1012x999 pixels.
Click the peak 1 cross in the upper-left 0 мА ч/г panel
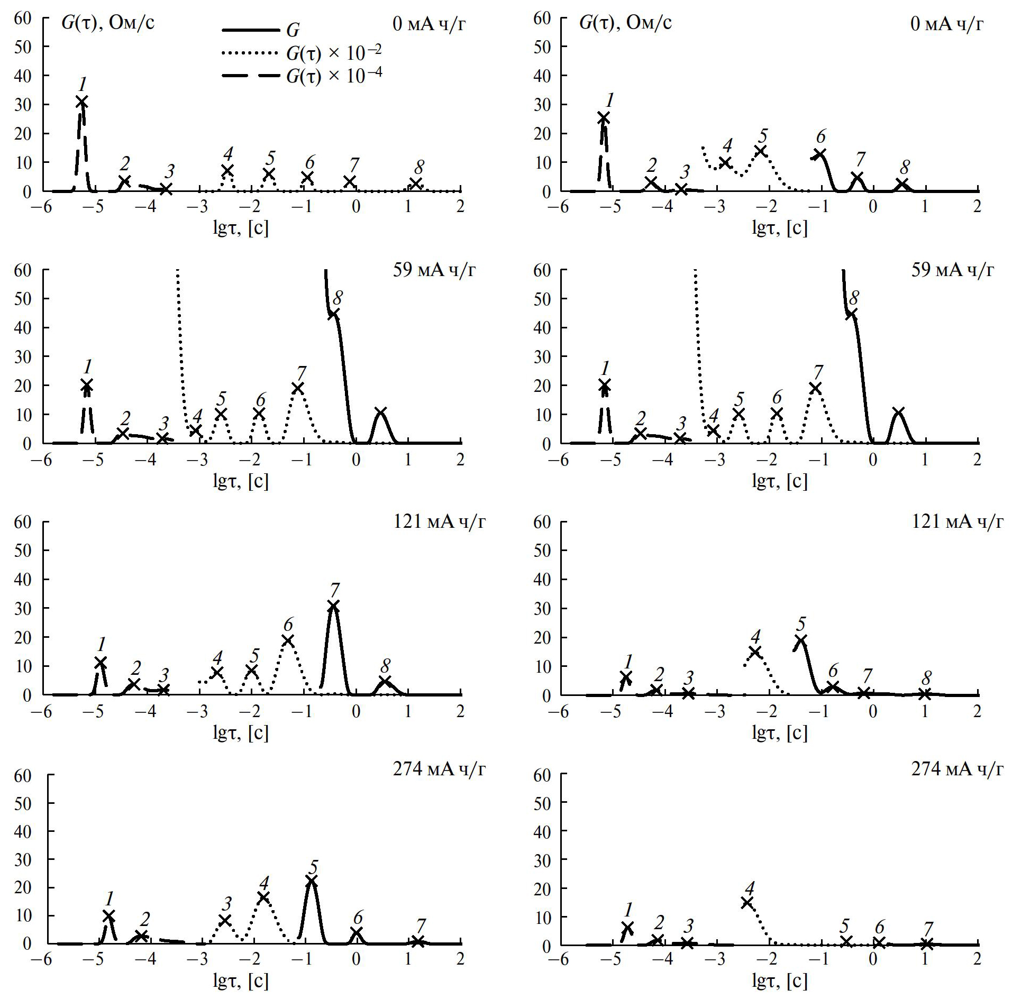tap(81, 102)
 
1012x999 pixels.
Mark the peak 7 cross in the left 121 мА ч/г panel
tap(333, 606)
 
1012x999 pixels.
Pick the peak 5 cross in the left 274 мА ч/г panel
tap(312, 881)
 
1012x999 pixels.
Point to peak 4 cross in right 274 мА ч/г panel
tap(747, 902)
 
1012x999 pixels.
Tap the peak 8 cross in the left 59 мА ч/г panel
tap(333, 314)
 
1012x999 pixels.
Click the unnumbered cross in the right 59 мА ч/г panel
tap(898, 413)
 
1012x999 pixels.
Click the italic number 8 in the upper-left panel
tap(419, 167)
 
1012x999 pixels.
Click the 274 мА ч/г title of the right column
tap(956, 768)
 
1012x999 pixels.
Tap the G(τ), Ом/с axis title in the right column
tap(625, 23)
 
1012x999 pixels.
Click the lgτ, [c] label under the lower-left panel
tap(241, 982)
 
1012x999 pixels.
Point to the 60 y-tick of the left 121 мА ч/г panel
tap(23, 522)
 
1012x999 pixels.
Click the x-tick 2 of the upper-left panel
tap(460, 207)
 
